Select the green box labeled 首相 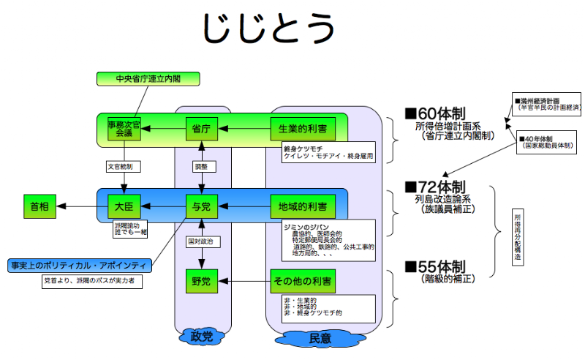(39, 207)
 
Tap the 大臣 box (123, 207)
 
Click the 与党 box (201, 207)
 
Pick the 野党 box (201, 281)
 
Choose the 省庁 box (201, 129)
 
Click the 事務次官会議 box (123, 129)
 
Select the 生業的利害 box (303, 129)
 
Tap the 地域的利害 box (303, 207)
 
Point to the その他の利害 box (303, 281)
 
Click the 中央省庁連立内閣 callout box (147, 78)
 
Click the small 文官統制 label (122, 167)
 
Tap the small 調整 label (201, 167)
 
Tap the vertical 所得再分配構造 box (518, 236)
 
